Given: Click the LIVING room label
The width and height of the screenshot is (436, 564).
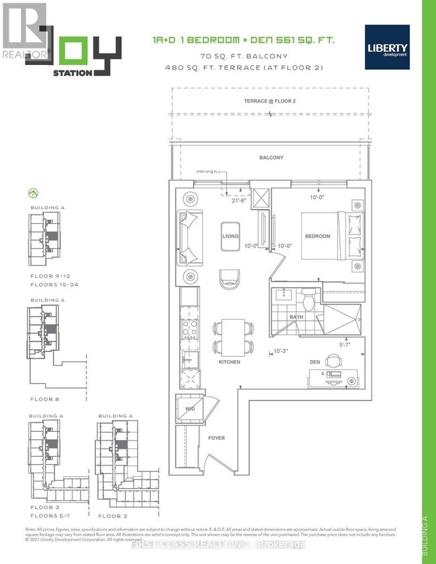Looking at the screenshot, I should tap(231, 236).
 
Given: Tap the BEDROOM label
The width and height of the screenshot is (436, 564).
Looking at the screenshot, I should tap(317, 236).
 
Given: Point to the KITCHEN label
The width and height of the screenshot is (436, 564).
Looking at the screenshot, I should tap(229, 362).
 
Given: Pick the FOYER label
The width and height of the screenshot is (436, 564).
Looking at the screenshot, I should tap(216, 438).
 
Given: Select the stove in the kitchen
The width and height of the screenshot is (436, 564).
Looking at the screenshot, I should tap(188, 330).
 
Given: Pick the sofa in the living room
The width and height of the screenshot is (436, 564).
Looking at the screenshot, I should tap(188, 237).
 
